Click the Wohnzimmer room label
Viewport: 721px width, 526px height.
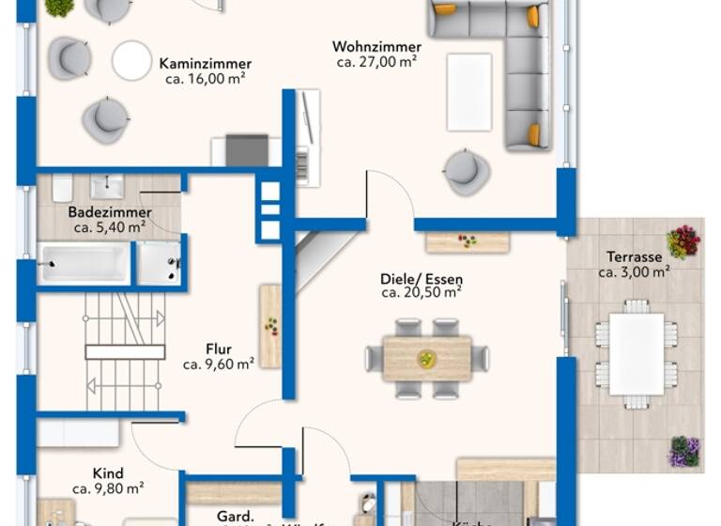pos(376,47)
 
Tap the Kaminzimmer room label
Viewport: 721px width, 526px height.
pos(205,64)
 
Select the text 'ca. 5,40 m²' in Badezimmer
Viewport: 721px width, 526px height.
pos(110,226)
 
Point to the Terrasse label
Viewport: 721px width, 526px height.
pos(634,256)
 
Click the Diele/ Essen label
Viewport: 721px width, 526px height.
pos(421,279)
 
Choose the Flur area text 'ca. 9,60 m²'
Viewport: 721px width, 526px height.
pos(219,364)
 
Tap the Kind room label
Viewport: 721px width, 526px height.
pos(108,473)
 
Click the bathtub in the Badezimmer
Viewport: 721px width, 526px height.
pos(84,263)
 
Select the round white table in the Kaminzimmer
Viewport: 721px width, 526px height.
pos(131,60)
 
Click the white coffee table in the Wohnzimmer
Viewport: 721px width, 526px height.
pos(469,91)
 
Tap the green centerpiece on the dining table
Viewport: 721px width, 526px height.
pos(427,359)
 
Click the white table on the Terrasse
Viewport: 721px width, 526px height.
pos(636,353)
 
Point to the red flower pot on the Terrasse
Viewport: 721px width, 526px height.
pos(683,241)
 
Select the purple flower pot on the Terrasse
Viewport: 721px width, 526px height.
pos(683,451)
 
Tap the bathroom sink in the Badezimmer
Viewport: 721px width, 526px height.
pos(107,186)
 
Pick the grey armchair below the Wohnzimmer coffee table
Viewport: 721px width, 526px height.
pos(466,171)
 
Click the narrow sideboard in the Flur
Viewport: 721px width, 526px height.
pos(270,325)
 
